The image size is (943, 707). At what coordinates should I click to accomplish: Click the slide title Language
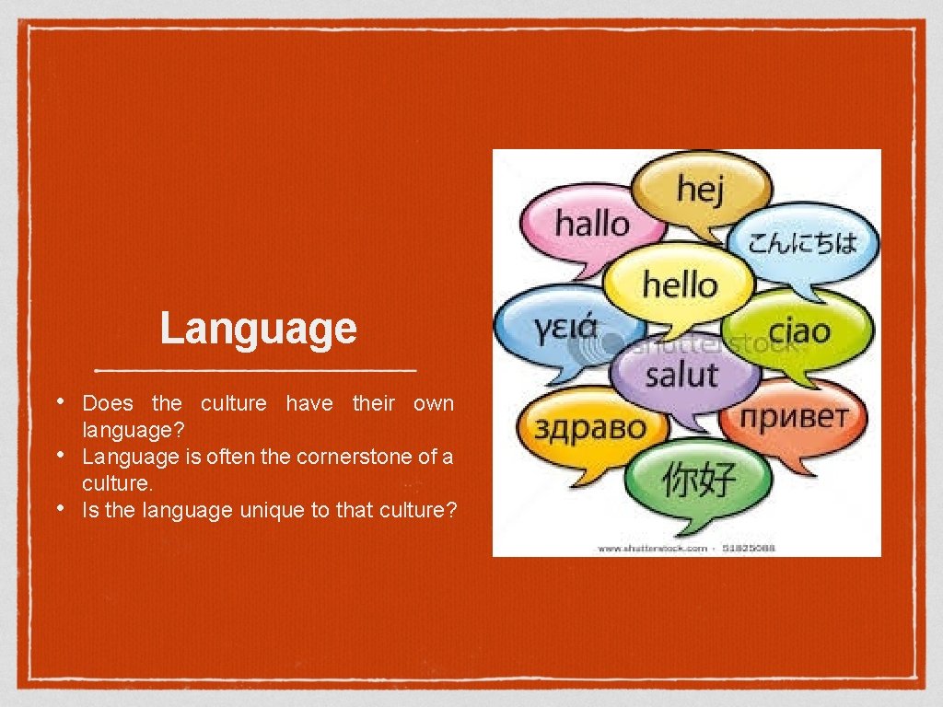click(258, 328)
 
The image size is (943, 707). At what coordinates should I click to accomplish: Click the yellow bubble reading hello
click(680, 284)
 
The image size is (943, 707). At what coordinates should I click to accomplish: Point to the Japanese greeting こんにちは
click(801, 243)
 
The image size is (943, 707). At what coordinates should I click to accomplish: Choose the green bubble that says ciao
click(797, 331)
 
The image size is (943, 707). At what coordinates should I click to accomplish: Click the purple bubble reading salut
click(681, 375)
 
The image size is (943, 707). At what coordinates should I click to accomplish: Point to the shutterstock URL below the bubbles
click(654, 548)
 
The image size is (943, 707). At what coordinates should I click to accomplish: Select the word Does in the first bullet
click(108, 403)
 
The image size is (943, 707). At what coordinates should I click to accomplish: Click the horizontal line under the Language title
click(257, 370)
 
